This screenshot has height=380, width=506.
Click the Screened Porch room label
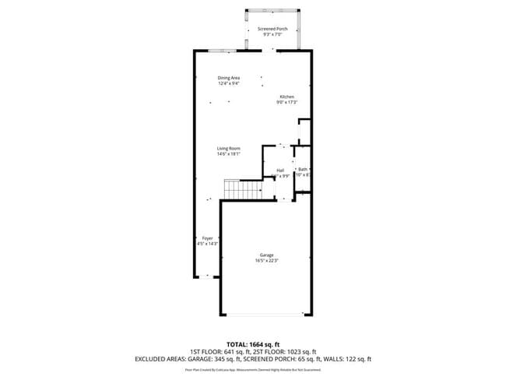pos(272,29)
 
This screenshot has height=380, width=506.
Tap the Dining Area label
pos(228,78)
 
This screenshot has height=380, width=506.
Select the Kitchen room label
pos(287,97)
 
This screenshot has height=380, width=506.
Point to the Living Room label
pos(228,148)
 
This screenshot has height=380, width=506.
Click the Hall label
pos(280,170)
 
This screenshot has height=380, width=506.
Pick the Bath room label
pos(303,170)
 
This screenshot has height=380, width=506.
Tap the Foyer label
pos(207,237)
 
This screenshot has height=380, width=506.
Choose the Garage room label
pos(266,255)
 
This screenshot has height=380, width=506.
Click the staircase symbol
pos(243,189)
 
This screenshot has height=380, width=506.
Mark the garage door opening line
pos(265,315)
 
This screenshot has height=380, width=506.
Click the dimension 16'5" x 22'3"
pos(266,261)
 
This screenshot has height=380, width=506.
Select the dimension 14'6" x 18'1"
pos(228,153)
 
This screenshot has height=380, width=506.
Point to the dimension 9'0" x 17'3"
pos(287,102)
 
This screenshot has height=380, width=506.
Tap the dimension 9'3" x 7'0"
pos(272,34)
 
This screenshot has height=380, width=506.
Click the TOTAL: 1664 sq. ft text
pos(253,343)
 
